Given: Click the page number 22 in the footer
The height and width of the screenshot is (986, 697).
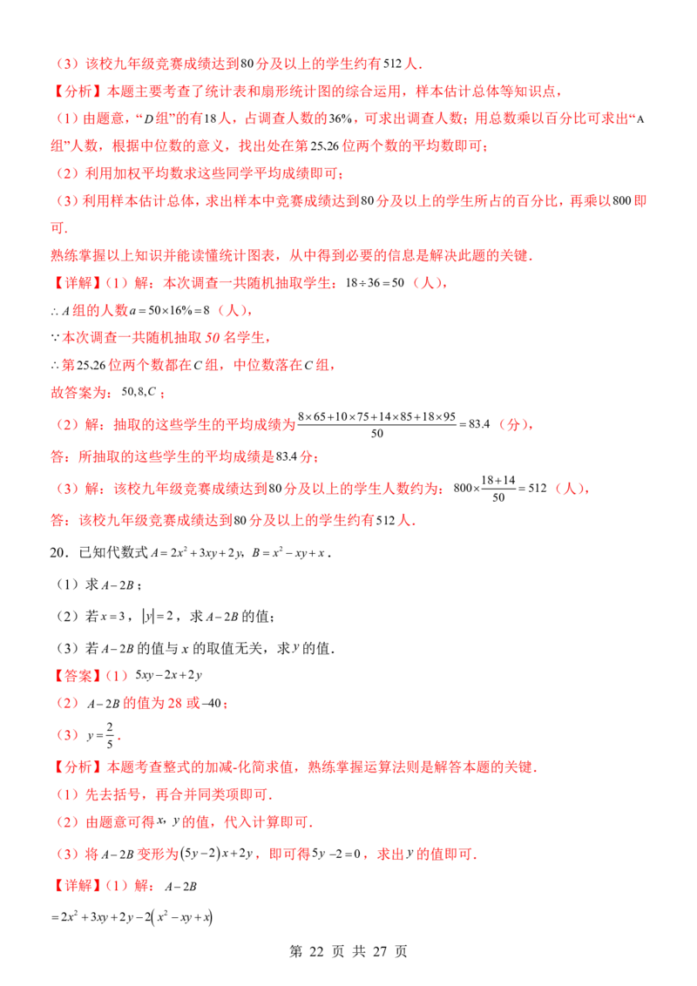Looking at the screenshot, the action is [x=316, y=951].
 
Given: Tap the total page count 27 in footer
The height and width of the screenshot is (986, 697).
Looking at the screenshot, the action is [x=379, y=951].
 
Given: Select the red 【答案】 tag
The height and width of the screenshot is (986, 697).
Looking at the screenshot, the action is [x=76, y=675].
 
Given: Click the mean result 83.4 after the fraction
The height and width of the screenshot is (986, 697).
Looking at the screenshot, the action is [x=479, y=424].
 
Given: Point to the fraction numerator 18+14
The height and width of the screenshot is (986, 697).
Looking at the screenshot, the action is [x=498, y=481].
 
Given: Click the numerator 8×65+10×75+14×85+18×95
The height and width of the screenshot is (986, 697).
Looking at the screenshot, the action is [x=376, y=416].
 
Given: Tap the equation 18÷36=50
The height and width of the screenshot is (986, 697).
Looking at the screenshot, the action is [x=375, y=283].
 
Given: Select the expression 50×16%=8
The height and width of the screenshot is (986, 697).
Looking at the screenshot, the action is [x=170, y=311].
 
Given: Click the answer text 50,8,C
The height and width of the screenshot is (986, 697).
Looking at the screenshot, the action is [x=139, y=392].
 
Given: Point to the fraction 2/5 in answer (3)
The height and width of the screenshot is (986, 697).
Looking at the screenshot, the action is [x=110, y=735].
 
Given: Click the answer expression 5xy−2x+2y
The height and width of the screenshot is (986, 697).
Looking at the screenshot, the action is [x=169, y=675].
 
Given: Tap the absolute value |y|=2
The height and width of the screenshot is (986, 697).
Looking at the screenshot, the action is [x=158, y=617].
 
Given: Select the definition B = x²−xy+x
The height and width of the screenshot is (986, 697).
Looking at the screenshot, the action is [x=288, y=553].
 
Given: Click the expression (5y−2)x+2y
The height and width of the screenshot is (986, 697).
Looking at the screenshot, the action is [x=217, y=854].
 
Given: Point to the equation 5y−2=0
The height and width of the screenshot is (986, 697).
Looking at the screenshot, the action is [x=336, y=854].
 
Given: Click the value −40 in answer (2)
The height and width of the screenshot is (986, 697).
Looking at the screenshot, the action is [x=213, y=703].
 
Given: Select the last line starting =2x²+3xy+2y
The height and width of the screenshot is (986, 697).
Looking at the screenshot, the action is [x=132, y=917].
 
